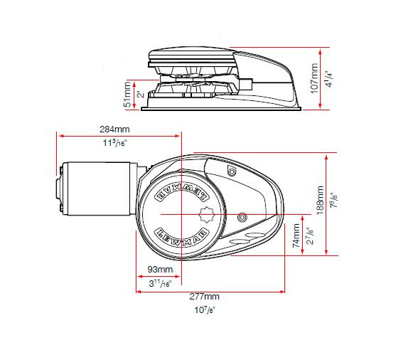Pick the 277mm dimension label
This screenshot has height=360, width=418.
pyautogui.click(x=205, y=296)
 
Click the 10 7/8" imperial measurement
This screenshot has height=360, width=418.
pyautogui.click(x=205, y=310)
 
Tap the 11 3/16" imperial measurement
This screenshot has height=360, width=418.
pyautogui.click(x=114, y=142)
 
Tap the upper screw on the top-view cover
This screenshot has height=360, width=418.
pyautogui.click(x=231, y=173)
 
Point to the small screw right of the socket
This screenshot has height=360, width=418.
pyautogui.click(x=242, y=216)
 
